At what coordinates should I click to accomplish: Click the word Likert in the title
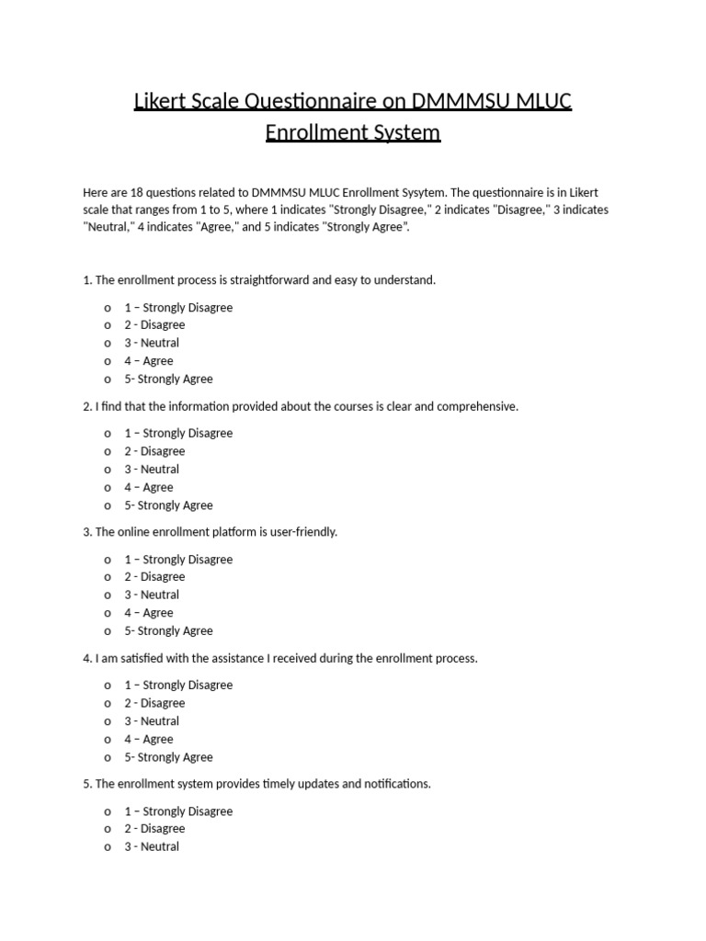click(x=163, y=101)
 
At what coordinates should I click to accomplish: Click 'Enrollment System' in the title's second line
click(x=353, y=132)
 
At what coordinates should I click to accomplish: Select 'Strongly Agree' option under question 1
click(x=168, y=379)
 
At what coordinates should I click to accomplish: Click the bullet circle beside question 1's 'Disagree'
click(x=108, y=325)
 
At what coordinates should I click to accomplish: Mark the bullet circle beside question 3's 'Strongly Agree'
click(x=108, y=631)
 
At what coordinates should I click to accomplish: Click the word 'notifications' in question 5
click(x=394, y=784)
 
